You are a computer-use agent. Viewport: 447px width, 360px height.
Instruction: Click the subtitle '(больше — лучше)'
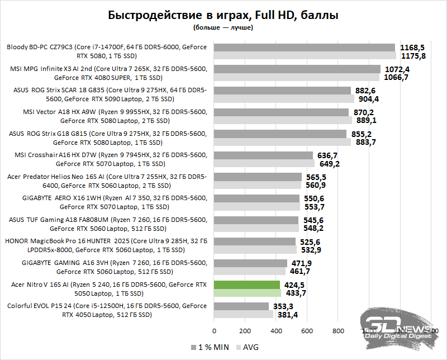223,27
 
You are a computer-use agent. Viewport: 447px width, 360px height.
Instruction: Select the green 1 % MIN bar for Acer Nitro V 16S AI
247,285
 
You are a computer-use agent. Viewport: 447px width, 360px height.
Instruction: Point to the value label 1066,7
397,78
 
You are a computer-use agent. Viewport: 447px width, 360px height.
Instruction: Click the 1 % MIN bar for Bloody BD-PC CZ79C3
305,48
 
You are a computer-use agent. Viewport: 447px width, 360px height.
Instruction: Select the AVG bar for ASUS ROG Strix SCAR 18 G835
284,99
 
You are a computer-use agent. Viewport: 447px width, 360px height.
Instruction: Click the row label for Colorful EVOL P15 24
107,310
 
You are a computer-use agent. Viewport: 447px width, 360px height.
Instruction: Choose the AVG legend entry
249,347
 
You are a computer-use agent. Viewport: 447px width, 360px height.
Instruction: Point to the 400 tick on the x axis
276,330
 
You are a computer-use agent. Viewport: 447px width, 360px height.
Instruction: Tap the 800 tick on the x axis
337,330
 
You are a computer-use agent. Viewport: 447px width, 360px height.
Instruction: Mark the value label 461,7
299,272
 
